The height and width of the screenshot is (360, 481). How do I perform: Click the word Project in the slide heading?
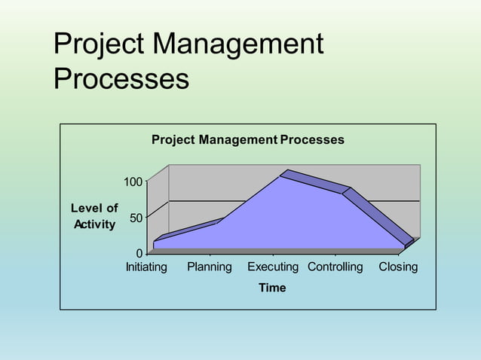99,45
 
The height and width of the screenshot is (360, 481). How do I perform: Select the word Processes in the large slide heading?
121,78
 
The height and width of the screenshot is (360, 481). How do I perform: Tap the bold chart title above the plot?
247,140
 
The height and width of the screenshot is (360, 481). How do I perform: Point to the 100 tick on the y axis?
133,182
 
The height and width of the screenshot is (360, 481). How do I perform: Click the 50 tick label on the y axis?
136,218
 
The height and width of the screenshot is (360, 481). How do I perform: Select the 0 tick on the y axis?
139,253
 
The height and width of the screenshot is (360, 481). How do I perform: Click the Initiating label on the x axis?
146,267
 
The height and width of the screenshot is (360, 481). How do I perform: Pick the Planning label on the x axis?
210,267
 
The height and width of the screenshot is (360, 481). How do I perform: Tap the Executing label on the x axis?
273,267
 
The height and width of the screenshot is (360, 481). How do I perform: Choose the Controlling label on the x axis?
335,267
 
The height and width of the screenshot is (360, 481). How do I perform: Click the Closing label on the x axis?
398,267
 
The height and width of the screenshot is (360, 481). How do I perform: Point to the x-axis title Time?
272,288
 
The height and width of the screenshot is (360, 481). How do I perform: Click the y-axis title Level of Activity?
94,216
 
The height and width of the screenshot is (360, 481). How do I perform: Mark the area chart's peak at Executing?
280,177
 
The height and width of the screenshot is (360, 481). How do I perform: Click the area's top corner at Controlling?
342,194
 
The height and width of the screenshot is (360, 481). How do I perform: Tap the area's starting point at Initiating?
154,242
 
